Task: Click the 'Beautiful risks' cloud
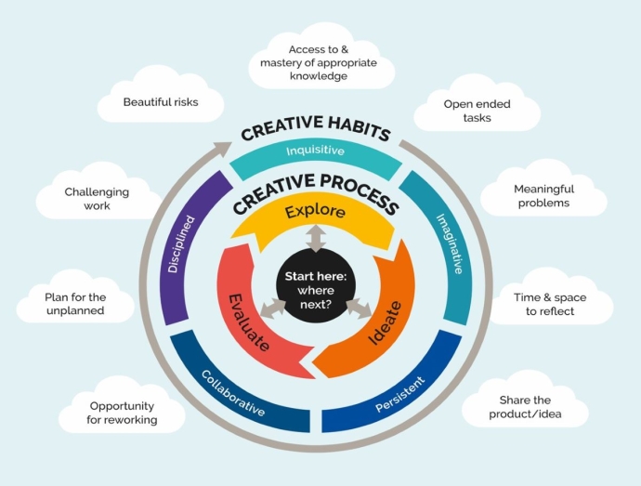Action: [160, 101]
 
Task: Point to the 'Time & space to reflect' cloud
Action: [550, 303]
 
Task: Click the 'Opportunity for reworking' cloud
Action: [123, 413]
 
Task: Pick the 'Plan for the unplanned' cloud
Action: [75, 303]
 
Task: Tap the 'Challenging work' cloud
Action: [97, 198]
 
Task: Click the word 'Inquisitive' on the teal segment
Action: [315, 150]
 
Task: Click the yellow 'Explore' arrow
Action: [315, 212]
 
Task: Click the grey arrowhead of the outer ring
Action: [223, 146]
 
